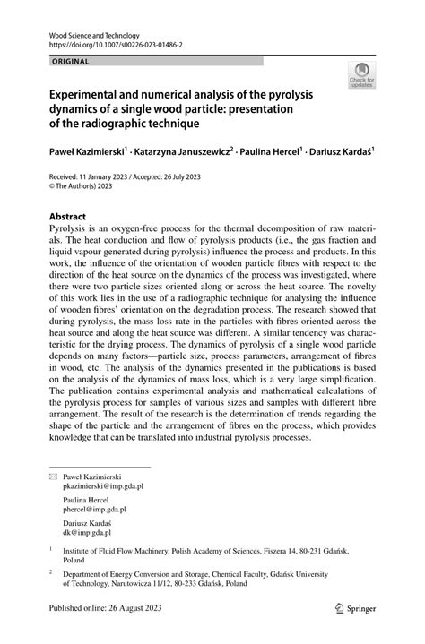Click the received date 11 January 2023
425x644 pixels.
click(x=112, y=177)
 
